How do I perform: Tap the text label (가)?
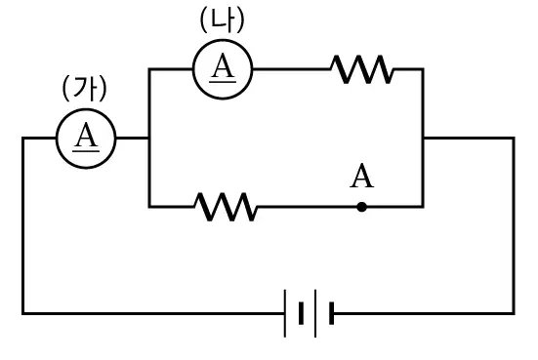pyautogui.click(x=84, y=89)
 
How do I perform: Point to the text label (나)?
pyautogui.click(x=223, y=20)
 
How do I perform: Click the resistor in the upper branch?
pyautogui.click(x=362, y=69)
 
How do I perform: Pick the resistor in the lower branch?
pyautogui.click(x=226, y=207)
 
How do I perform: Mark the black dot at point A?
pyautogui.click(x=361, y=207)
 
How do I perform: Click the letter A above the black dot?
pyautogui.click(x=361, y=177)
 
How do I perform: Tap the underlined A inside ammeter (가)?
pyautogui.click(x=86, y=137)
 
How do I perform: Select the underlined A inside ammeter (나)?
pyautogui.click(x=223, y=67)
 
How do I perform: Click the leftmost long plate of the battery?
pyautogui.click(x=285, y=313)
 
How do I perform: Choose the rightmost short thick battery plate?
pyautogui.click(x=331, y=313)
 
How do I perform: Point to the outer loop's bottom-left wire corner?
pyautogui.click(x=23, y=313)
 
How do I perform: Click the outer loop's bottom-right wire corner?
pyautogui.click(x=514, y=313)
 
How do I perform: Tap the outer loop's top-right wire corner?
pyautogui.click(x=514, y=139)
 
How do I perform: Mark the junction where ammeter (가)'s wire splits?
pyautogui.click(x=149, y=139)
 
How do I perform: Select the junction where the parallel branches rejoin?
pyautogui.click(x=424, y=139)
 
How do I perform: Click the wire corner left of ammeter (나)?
pyautogui.click(x=149, y=69)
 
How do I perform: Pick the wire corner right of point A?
pyautogui.click(x=424, y=207)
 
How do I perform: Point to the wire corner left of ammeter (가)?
pyautogui.click(x=23, y=139)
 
